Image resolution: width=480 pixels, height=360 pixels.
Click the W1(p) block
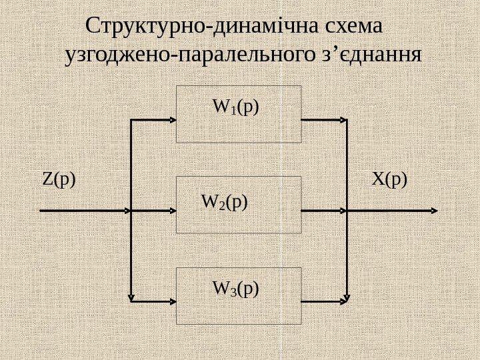pos(239,113)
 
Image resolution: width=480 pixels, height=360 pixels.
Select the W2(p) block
pos(239,205)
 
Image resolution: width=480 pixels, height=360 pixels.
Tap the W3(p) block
pos(239,295)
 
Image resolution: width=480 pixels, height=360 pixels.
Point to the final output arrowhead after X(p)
pos(434,210)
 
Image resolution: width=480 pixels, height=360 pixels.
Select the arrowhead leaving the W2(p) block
pos(344,210)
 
